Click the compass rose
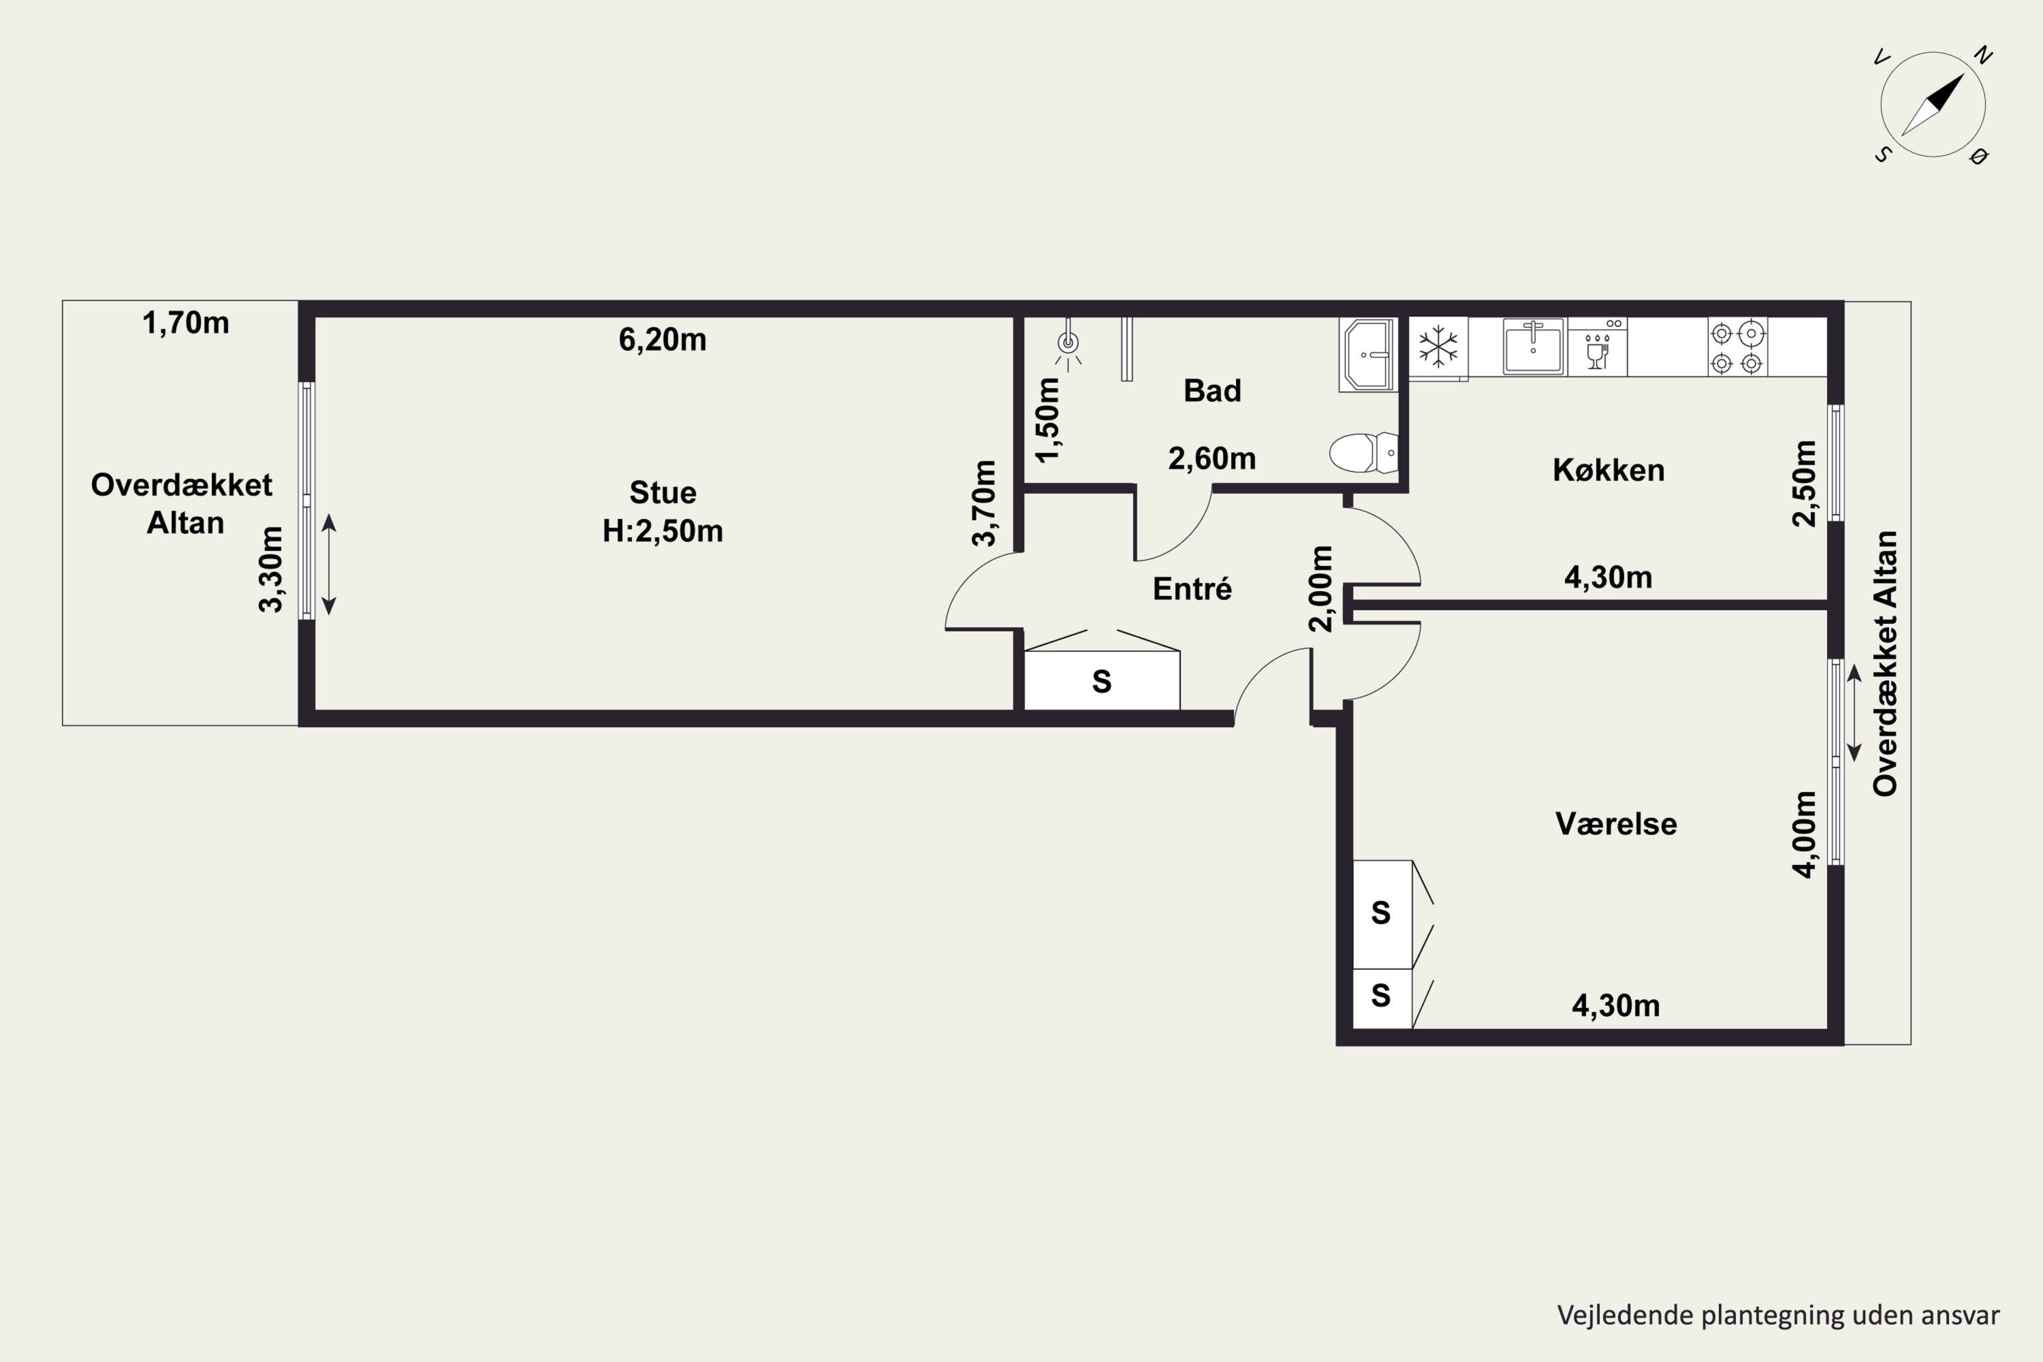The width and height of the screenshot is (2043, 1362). (x=1933, y=104)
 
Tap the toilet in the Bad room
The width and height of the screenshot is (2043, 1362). (x=1364, y=453)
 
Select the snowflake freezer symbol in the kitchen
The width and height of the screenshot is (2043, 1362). (x=1438, y=346)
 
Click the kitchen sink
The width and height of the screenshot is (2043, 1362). (x=1533, y=346)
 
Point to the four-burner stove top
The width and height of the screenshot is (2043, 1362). (x=1737, y=347)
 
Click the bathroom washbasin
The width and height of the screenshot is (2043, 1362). (x=1368, y=354)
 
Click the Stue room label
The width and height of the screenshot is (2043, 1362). (x=663, y=492)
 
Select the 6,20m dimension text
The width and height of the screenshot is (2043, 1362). (x=663, y=340)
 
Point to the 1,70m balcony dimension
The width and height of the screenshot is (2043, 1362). (x=186, y=323)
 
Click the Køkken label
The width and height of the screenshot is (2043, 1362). (x=1609, y=470)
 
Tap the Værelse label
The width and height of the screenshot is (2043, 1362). (x=1615, y=823)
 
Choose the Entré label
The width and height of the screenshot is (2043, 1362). (x=1192, y=589)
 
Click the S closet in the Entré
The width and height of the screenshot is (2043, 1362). (x=1101, y=681)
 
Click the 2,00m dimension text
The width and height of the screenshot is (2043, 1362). (x=1320, y=588)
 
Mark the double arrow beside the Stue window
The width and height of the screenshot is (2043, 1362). (x=329, y=565)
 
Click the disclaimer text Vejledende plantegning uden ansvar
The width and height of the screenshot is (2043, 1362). (x=1778, y=1315)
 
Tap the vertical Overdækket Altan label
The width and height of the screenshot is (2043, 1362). (x=1885, y=663)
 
